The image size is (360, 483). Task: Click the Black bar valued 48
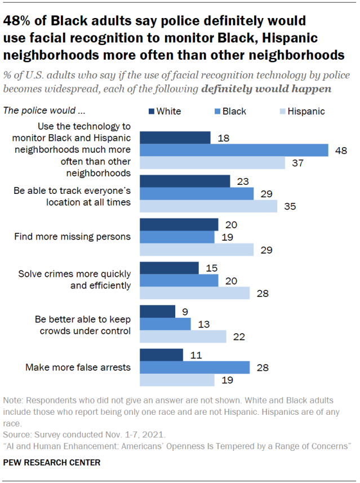pyautogui.click(x=234, y=150)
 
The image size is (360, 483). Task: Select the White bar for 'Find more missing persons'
pyautogui.click(x=179, y=224)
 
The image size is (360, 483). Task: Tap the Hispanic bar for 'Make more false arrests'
pyautogui.click(x=177, y=380)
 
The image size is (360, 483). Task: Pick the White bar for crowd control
pyautogui.click(x=157, y=311)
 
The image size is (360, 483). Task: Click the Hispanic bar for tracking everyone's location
pyautogui.click(x=208, y=206)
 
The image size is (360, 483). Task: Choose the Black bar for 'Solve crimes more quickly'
pyautogui.click(x=179, y=280)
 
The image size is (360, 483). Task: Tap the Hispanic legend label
pyautogui.click(x=306, y=111)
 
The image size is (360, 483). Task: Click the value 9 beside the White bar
pyautogui.click(x=184, y=311)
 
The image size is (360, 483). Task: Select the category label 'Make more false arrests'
pyautogui.click(x=78, y=367)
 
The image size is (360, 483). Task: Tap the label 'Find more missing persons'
pyautogui.click(x=73, y=237)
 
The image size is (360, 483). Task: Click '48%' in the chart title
pyautogui.click(x=19, y=21)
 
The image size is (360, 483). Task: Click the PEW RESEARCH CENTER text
pyautogui.click(x=52, y=463)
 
